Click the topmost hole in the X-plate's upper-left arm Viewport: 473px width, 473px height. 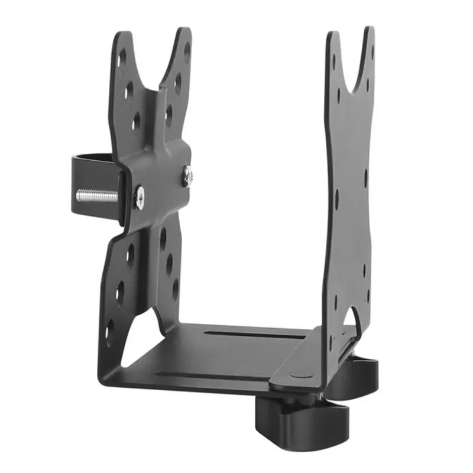122,57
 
